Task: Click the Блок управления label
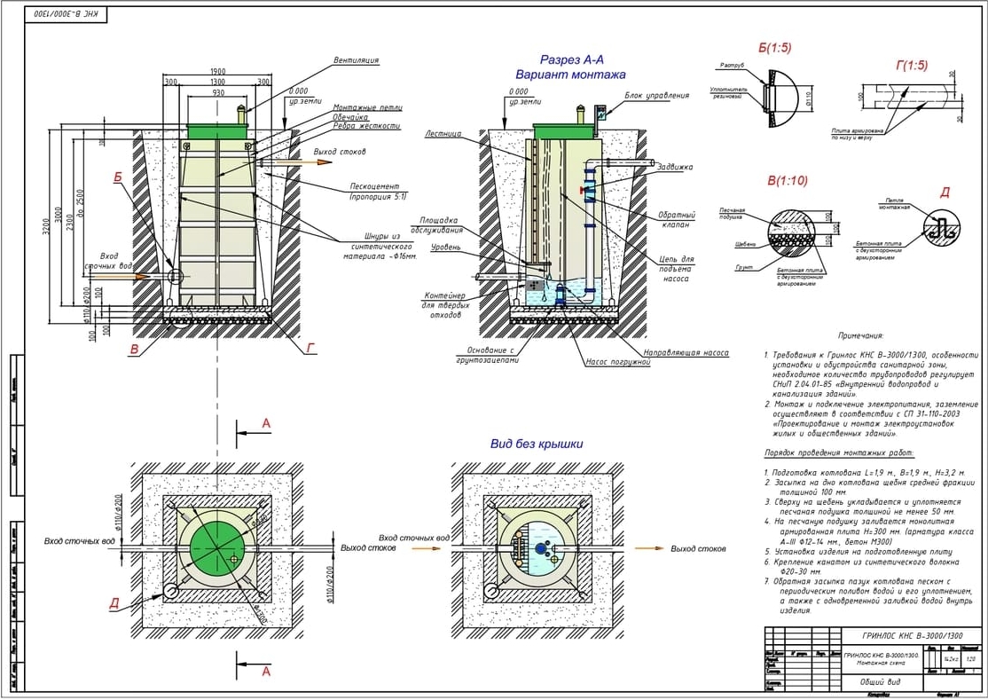(x=656, y=95)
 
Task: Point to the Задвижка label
(x=676, y=167)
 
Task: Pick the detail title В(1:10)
(x=788, y=181)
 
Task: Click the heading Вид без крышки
(x=537, y=444)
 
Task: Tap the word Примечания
(x=860, y=336)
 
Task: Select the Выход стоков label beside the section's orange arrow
(x=340, y=152)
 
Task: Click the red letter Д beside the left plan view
(x=114, y=604)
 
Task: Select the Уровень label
(x=445, y=248)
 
